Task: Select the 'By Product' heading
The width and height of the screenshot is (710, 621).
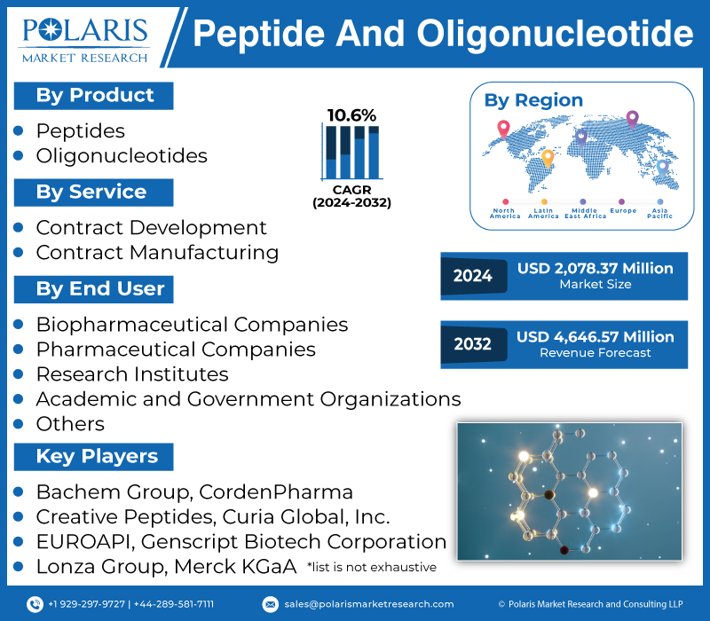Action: pos(94,96)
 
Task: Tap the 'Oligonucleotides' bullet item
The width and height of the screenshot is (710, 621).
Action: pos(121,156)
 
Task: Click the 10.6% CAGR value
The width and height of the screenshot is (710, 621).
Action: pos(351,115)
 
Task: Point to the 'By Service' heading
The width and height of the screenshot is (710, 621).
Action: pos(91,193)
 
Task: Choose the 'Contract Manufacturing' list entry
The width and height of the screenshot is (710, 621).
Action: pos(156,253)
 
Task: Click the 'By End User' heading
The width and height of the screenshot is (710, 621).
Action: pos(99,289)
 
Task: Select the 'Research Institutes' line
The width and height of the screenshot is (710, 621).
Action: pos(131,374)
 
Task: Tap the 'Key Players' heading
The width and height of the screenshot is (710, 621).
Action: pos(96,457)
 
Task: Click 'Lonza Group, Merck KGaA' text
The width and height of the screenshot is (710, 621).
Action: pos(165,566)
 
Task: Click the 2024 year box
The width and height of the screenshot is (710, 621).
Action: pos(472,276)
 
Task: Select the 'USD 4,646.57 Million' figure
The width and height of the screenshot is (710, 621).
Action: pos(596,337)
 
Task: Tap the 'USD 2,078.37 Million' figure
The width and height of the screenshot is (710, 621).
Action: pos(596,268)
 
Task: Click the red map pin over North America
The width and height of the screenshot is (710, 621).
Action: pos(503,128)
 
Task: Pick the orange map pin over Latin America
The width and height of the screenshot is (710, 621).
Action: pos(547,158)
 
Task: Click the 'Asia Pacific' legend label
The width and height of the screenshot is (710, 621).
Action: pos(659,213)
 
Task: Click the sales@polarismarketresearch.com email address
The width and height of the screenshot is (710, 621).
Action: pos(368,604)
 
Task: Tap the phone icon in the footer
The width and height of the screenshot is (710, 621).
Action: pos(35,604)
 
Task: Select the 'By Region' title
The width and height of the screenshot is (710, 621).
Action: pos(533,100)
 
